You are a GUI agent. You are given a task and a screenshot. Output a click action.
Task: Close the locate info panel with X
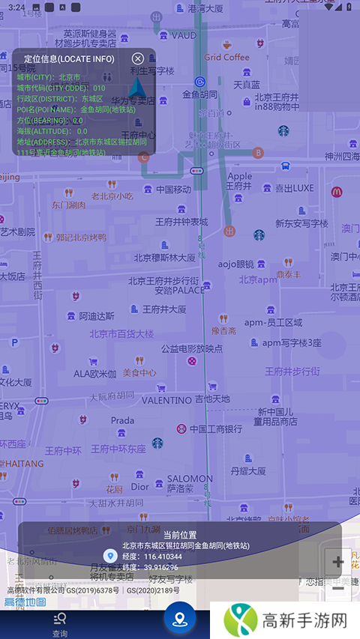[138, 58]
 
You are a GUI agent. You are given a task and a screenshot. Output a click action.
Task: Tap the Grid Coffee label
[226, 57]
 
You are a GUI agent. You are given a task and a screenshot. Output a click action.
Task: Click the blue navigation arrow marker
[136, 90]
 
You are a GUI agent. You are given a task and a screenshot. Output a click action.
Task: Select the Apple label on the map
[240, 177]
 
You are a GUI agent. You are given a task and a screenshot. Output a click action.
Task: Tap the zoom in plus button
[337, 562]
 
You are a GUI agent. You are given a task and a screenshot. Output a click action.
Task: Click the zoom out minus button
[337, 588]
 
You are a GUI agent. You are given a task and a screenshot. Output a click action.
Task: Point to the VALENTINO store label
[166, 401]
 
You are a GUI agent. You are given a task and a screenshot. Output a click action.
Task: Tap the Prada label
[123, 420]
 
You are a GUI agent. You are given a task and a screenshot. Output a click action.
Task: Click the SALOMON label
[190, 478]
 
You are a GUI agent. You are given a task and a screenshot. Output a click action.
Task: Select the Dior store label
[140, 487]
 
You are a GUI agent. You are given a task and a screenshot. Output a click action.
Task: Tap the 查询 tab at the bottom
[60, 623]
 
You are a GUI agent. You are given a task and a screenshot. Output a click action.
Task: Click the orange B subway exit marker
[258, 153]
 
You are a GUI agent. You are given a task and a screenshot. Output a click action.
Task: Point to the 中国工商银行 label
[216, 428]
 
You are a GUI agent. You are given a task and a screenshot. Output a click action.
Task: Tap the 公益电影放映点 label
[192, 348]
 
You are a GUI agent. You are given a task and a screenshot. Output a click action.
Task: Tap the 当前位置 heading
[180, 535]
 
